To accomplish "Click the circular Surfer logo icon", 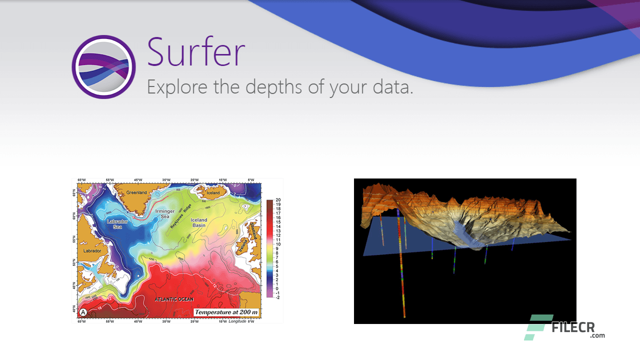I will pyautogui.click(x=103, y=67).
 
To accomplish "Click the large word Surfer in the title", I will pyautogui.click(x=196, y=52).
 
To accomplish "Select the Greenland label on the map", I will pyautogui.click(x=136, y=192).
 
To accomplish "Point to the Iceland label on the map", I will pyautogui.click(x=213, y=192).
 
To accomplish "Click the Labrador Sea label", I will pyautogui.click(x=117, y=224).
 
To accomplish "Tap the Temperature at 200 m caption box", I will pyautogui.click(x=226, y=312).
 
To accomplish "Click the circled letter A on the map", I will pyautogui.click(x=83, y=312).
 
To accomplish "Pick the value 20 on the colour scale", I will pyautogui.click(x=278, y=200).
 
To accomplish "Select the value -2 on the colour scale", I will pyautogui.click(x=278, y=297).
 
